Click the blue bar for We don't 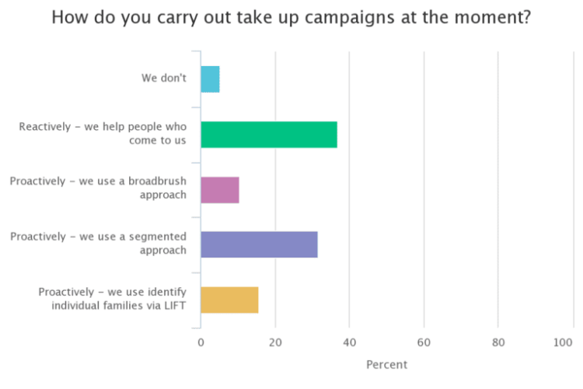pos(210,79)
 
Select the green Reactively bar pos(269,135)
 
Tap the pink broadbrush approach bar pos(220,190)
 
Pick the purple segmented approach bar pos(259,244)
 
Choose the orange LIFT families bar pos(229,300)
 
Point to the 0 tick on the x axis pos(201,342)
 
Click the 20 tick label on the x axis pos(274,342)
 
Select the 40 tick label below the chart pos(349,342)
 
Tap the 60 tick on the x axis pos(424,342)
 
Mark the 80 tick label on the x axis pos(498,342)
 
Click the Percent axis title pos(386,364)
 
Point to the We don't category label pos(164,79)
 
